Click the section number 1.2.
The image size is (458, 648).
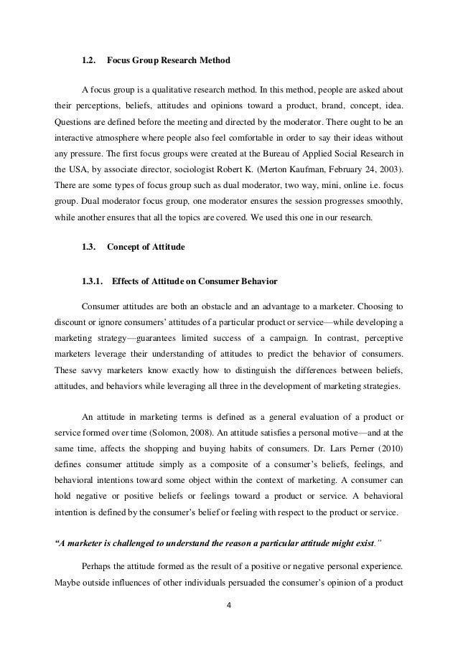[89, 62]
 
